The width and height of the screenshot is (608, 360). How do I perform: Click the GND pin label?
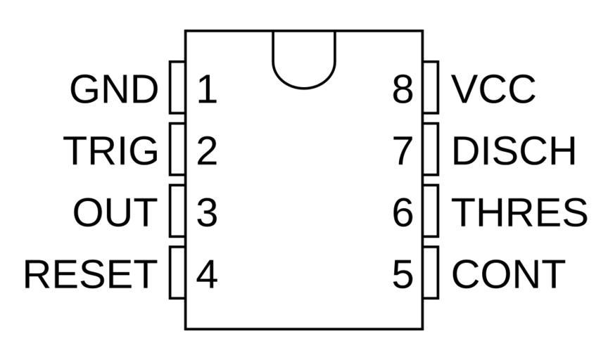(x=114, y=90)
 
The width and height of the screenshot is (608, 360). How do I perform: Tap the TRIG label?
(x=111, y=150)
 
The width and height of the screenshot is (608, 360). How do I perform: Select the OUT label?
(x=114, y=212)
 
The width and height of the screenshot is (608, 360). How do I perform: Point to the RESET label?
(x=89, y=274)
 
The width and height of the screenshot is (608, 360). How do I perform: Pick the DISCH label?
(x=514, y=150)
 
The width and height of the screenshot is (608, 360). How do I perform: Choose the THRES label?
(x=519, y=212)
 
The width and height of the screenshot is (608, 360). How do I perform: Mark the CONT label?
(x=508, y=274)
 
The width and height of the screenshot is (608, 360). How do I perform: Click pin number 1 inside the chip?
(x=206, y=90)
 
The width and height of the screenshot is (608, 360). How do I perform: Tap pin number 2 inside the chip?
(x=206, y=150)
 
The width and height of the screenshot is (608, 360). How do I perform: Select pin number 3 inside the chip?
(x=206, y=212)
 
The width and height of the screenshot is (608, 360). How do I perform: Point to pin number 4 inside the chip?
(x=206, y=274)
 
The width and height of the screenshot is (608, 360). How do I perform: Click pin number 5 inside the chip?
(x=403, y=274)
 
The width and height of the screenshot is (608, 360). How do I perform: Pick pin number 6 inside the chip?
(x=403, y=212)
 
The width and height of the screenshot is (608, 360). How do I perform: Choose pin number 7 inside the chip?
(x=403, y=150)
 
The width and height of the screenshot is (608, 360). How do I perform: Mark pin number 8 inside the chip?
(x=403, y=90)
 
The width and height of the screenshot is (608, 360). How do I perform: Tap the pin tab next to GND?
(x=177, y=87)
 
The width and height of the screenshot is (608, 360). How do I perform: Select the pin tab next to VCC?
(x=431, y=87)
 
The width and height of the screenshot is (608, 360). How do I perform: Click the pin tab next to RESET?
(x=177, y=272)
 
